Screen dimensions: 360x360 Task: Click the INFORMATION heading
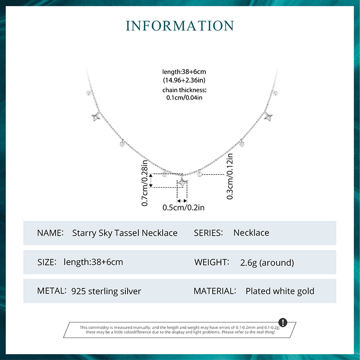(x=180, y=26)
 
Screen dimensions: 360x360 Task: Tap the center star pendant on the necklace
(x=182, y=182)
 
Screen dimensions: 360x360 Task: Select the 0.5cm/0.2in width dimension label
(x=183, y=207)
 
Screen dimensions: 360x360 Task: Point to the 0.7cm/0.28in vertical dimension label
(x=144, y=183)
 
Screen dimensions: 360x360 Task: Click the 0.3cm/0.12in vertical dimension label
(x=230, y=176)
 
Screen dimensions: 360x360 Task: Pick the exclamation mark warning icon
(x=283, y=322)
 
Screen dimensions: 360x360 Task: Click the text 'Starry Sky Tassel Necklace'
(x=125, y=233)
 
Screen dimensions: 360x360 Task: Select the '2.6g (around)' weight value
(x=267, y=263)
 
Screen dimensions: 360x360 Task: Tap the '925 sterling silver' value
(x=106, y=291)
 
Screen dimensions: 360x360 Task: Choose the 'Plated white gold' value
(x=280, y=291)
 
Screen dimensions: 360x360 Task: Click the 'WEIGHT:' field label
(x=212, y=262)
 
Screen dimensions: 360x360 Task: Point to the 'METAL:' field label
(x=52, y=291)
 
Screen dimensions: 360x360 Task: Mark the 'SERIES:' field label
(x=208, y=233)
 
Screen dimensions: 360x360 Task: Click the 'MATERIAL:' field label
(x=215, y=291)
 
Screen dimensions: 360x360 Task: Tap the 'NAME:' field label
(x=50, y=233)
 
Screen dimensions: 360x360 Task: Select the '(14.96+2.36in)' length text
(x=184, y=80)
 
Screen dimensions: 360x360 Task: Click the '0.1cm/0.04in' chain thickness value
(x=184, y=97)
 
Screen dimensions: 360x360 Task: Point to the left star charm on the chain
(x=96, y=117)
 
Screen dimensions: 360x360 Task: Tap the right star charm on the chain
(x=268, y=117)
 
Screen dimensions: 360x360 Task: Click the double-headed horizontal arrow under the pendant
(x=182, y=201)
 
